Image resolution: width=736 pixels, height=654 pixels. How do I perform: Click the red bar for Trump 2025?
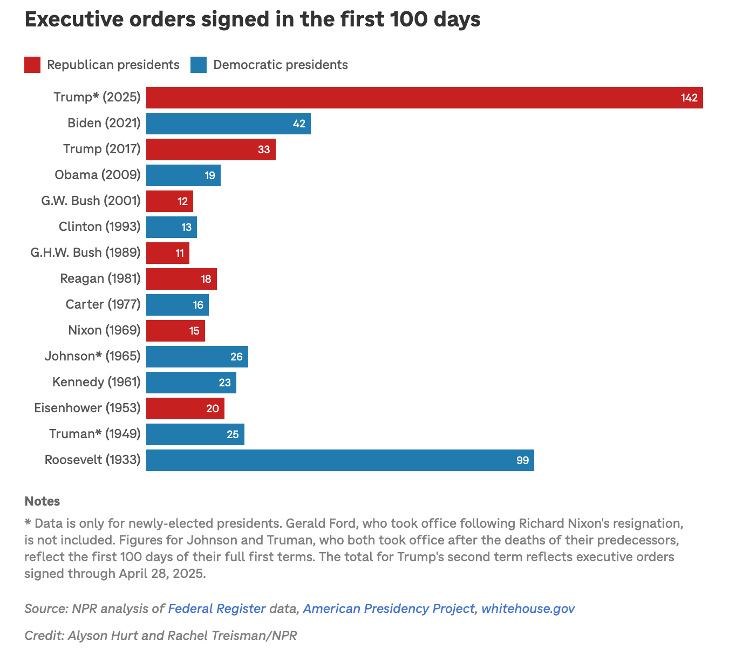coord(424,98)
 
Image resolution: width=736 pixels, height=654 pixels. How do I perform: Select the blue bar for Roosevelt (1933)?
coord(340,460)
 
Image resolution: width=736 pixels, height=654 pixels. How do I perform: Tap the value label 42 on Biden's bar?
coord(299,124)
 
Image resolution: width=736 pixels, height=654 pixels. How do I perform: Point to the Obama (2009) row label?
coord(97,175)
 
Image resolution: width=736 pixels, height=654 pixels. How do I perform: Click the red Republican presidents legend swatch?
coord(32,65)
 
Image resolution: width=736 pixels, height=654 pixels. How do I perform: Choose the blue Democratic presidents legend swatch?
coord(199,65)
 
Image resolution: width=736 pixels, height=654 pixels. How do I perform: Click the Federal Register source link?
coord(217,609)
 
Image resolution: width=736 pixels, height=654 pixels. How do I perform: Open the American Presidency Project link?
coord(388,609)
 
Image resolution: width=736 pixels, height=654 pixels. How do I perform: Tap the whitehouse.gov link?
coord(528,609)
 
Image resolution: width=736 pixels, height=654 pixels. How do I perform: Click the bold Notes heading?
coord(42,501)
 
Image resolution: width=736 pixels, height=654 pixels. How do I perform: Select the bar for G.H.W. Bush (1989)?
coord(167,253)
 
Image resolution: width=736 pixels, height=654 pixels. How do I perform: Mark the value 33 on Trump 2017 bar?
coord(264,149)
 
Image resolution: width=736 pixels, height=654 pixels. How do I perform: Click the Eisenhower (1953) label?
coord(87,408)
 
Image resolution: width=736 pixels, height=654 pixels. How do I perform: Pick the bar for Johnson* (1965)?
coord(197,357)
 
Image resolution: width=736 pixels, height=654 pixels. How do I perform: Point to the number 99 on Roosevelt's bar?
coord(522,461)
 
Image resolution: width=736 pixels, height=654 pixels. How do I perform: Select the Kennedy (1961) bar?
coord(191,383)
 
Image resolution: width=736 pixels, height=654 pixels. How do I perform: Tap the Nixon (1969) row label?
coord(104,330)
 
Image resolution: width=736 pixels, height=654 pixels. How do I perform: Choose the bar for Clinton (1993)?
coord(171,227)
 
